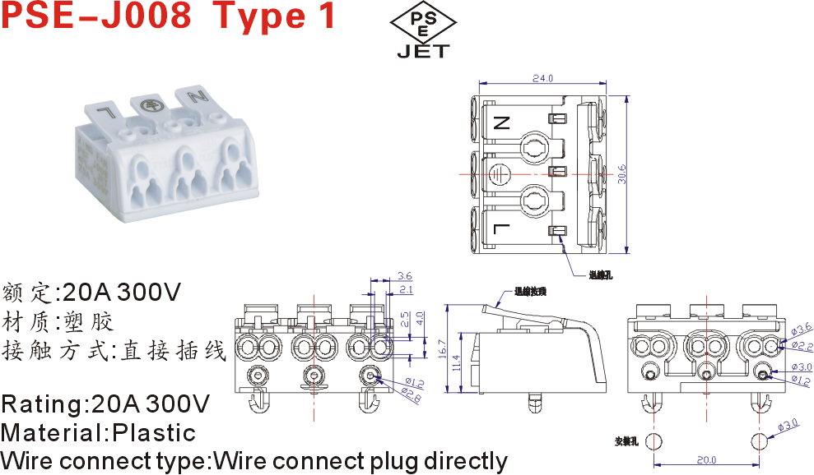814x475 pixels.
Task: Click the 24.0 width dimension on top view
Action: click(542, 78)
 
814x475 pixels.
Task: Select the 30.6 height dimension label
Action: click(623, 173)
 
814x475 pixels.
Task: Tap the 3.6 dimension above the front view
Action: click(404, 276)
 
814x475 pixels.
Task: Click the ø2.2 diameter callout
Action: click(802, 347)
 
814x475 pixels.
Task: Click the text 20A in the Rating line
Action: click(123, 404)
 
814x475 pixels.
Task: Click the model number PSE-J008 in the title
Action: click(95, 16)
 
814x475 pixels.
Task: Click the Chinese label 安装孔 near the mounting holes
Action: click(626, 441)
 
